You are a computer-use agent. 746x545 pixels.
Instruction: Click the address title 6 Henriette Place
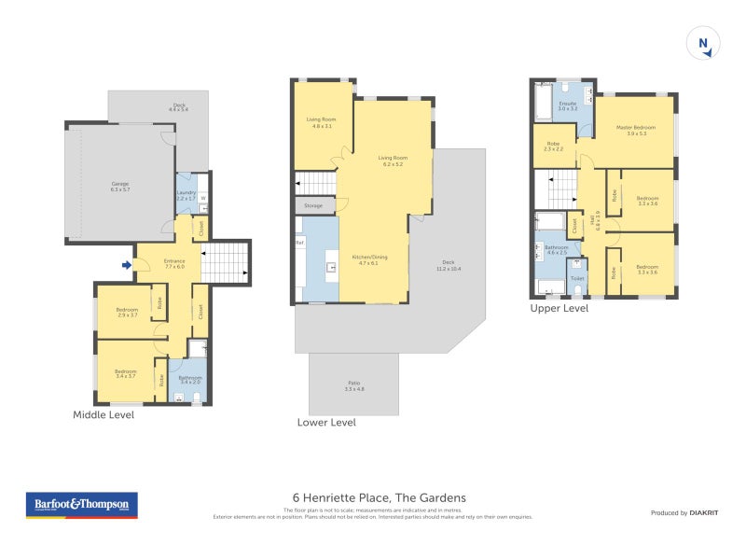coord(373,498)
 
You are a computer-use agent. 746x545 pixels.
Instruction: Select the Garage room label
coord(119,187)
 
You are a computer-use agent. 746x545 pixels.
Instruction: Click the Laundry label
coord(186,195)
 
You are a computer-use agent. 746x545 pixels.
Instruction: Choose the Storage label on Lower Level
coord(313,205)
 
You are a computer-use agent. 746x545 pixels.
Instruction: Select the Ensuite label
coord(567,105)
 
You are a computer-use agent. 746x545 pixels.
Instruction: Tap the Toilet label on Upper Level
coord(577,278)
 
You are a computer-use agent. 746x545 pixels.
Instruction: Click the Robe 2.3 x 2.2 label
coord(554,146)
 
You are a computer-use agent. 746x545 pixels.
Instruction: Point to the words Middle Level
coord(104,415)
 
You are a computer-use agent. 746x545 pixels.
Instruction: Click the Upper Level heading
coord(559,308)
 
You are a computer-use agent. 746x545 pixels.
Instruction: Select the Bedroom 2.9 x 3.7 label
coord(127,313)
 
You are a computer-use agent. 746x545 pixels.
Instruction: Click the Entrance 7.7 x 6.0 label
coord(174,263)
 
